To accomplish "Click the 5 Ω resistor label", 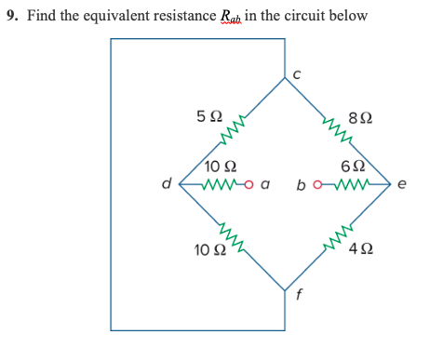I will (x=209, y=117).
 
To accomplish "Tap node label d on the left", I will (x=167, y=183).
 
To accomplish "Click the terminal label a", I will (x=265, y=184).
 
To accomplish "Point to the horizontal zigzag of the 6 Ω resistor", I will (x=351, y=183).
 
